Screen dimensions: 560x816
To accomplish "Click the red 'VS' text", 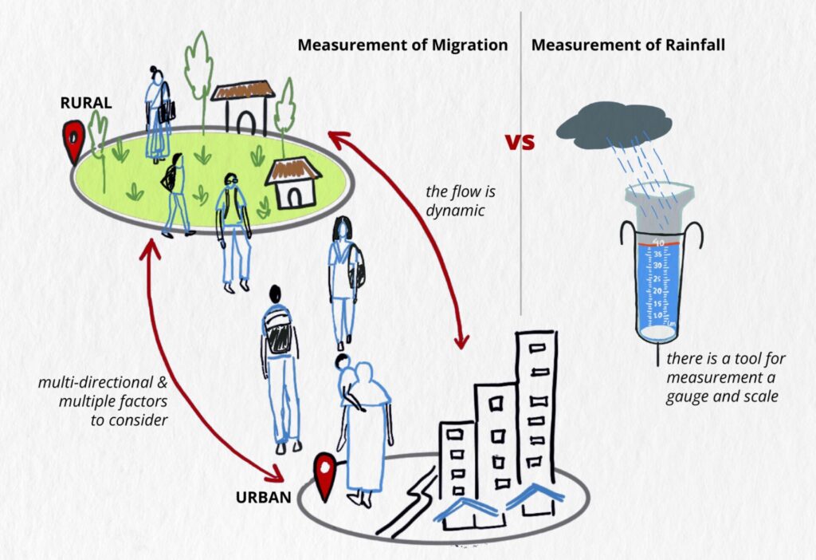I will tap(520, 142).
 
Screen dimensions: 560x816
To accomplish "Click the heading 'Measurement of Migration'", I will tap(402, 45).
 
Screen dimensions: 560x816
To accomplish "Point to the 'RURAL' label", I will tap(86, 103).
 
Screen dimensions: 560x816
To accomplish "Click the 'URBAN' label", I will tap(262, 499).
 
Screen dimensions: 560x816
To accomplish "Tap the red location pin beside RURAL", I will tap(74, 141).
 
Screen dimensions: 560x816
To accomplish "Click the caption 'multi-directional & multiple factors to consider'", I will tap(103, 401).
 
